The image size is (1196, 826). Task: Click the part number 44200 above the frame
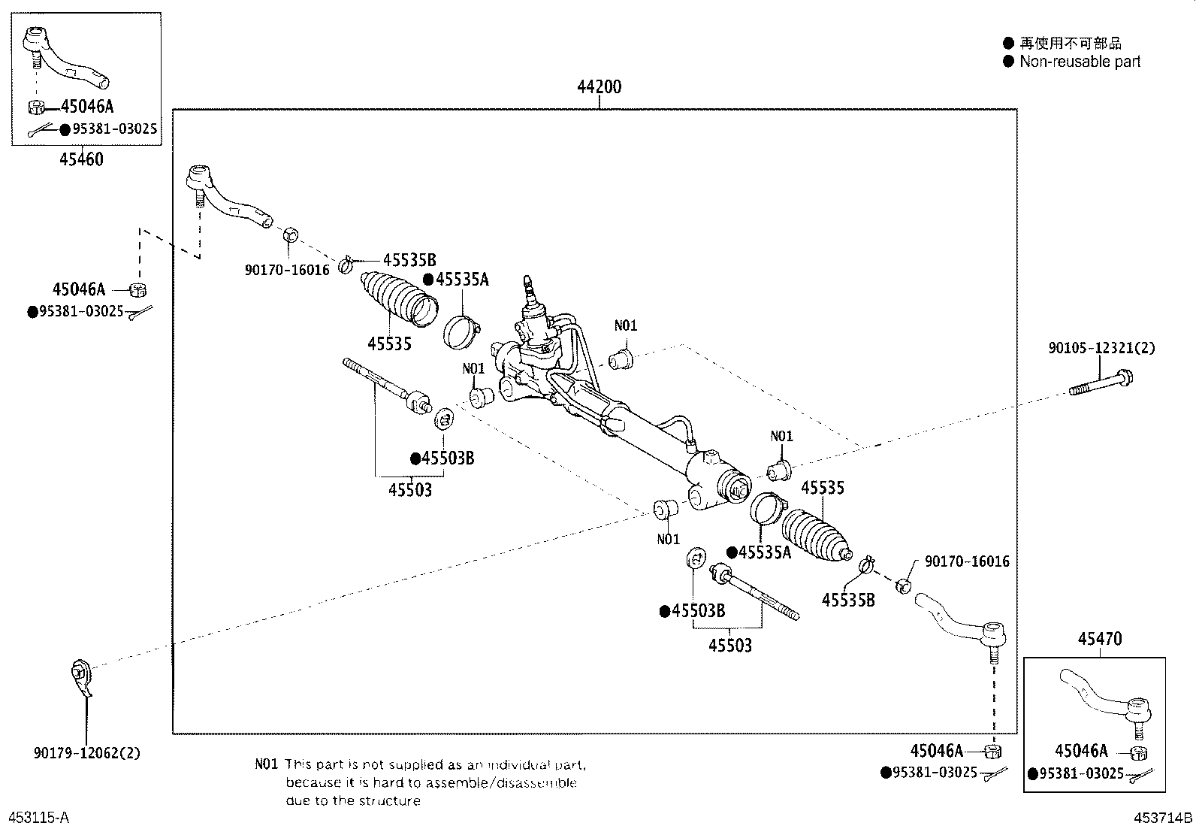[599, 86]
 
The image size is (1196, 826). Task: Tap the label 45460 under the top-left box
[81, 159]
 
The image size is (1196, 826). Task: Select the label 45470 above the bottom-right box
[1100, 638]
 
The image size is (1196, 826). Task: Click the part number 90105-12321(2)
[1101, 348]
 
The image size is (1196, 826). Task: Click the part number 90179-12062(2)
[87, 753]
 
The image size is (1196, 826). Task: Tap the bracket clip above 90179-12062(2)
[81, 677]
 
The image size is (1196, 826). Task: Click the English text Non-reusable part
[1080, 62]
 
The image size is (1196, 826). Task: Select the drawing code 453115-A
[39, 818]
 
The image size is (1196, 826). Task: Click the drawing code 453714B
[1163, 818]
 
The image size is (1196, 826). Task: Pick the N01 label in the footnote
[267, 764]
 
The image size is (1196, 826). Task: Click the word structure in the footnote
[389, 800]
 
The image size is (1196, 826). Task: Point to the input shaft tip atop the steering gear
[527, 282]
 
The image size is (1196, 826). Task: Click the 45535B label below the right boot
[848, 600]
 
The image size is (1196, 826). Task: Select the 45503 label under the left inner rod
[410, 489]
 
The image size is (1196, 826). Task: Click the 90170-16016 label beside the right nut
[967, 561]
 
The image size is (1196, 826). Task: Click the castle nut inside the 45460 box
[36, 107]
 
